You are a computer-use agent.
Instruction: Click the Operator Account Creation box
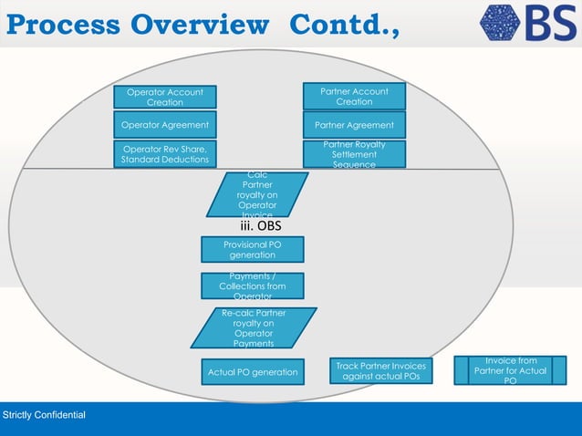[165, 97]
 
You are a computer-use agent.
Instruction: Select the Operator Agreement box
[165, 125]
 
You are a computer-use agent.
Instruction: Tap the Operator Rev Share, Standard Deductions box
[165, 154]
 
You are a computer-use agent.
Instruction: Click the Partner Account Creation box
[354, 97]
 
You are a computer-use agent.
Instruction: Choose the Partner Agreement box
[354, 125]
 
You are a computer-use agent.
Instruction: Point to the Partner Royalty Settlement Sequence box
[354, 154]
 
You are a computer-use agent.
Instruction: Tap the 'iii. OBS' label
[261, 225]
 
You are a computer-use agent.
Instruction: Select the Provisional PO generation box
[252, 250]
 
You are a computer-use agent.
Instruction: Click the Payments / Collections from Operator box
[252, 286]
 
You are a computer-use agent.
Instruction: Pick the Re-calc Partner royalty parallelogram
[253, 328]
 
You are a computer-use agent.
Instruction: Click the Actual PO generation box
[253, 372]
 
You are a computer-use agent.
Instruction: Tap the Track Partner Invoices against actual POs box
[380, 371]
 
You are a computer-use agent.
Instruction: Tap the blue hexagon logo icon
[502, 25]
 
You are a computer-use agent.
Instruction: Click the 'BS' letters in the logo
[551, 25]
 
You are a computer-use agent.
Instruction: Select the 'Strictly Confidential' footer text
[44, 416]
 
